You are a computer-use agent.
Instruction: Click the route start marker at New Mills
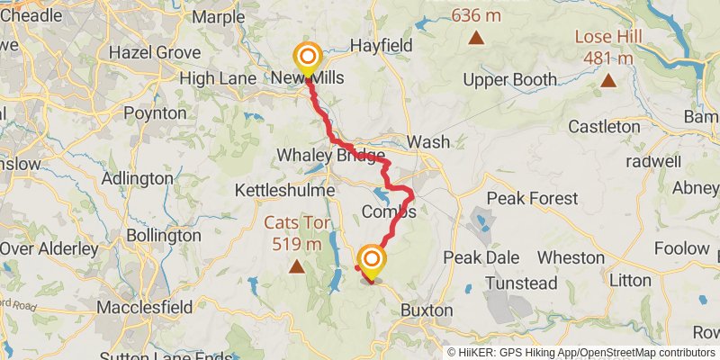(x=307, y=57)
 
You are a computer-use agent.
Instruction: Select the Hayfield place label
(x=381, y=45)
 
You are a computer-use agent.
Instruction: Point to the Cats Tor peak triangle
(x=296, y=266)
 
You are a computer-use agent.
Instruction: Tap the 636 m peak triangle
(x=476, y=38)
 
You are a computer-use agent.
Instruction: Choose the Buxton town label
(x=427, y=310)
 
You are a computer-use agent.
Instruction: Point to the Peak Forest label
(x=531, y=197)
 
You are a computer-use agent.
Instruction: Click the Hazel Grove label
(x=154, y=52)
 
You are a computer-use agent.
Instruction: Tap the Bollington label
(x=164, y=235)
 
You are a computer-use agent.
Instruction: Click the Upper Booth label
(x=509, y=80)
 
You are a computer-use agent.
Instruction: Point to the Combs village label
(x=389, y=212)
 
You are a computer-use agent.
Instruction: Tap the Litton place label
(x=630, y=280)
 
